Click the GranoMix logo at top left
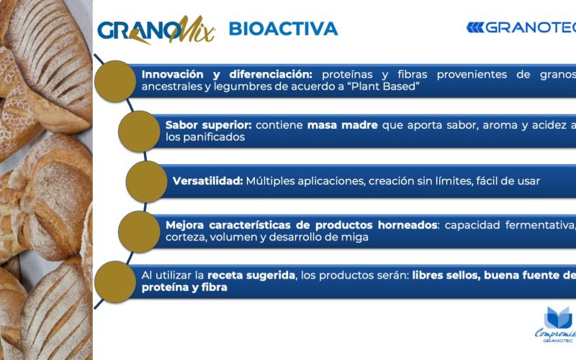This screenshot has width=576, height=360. pyautogui.click(x=156, y=30)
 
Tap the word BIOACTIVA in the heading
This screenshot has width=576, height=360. pyautogui.click(x=283, y=29)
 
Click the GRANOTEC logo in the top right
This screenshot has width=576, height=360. pyautogui.click(x=521, y=27)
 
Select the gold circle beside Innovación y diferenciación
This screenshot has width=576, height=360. pyautogui.click(x=115, y=81)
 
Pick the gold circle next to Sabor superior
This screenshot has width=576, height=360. pyautogui.click(x=139, y=131)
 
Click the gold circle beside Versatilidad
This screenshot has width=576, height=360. pyautogui.click(x=147, y=181)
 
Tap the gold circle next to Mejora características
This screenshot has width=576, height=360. pyautogui.click(x=139, y=231)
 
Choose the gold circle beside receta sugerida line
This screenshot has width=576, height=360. pyautogui.click(x=115, y=282)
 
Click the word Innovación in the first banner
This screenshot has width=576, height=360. pyautogui.click(x=173, y=75)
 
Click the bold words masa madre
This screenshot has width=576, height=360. pyautogui.click(x=343, y=125)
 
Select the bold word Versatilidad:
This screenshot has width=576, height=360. pyautogui.click(x=208, y=181)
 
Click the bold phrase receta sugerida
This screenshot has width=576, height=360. pyautogui.click(x=251, y=275)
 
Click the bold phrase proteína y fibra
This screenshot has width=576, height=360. pyautogui.click(x=184, y=287)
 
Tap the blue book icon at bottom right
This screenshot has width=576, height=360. pyautogui.click(x=558, y=318)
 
